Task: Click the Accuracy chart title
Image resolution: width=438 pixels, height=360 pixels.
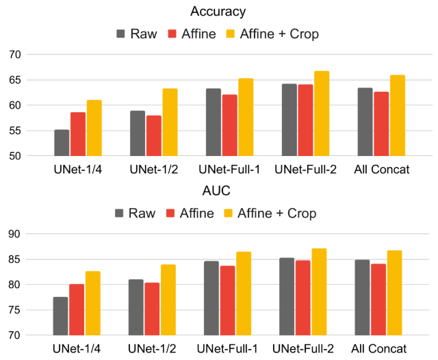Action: [219, 12]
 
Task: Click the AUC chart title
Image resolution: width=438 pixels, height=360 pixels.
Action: [219, 192]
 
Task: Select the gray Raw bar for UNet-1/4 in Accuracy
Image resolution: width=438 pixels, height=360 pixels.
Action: [62, 143]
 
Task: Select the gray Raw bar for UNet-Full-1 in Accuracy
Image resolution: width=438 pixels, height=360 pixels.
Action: [214, 123]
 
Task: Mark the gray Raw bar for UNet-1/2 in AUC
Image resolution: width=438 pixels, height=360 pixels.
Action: [136, 307]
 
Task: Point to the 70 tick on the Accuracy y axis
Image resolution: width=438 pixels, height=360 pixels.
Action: [16, 55]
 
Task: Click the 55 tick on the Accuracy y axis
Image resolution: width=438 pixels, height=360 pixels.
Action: [16, 131]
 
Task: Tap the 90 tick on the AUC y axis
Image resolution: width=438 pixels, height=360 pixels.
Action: [16, 234]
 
